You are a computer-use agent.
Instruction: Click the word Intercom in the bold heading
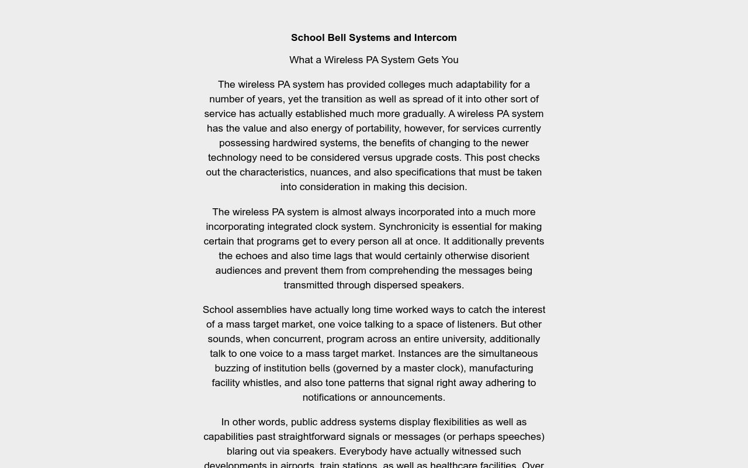point(435,38)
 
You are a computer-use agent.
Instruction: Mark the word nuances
point(330,173)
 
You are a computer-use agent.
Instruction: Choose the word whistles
point(261,383)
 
